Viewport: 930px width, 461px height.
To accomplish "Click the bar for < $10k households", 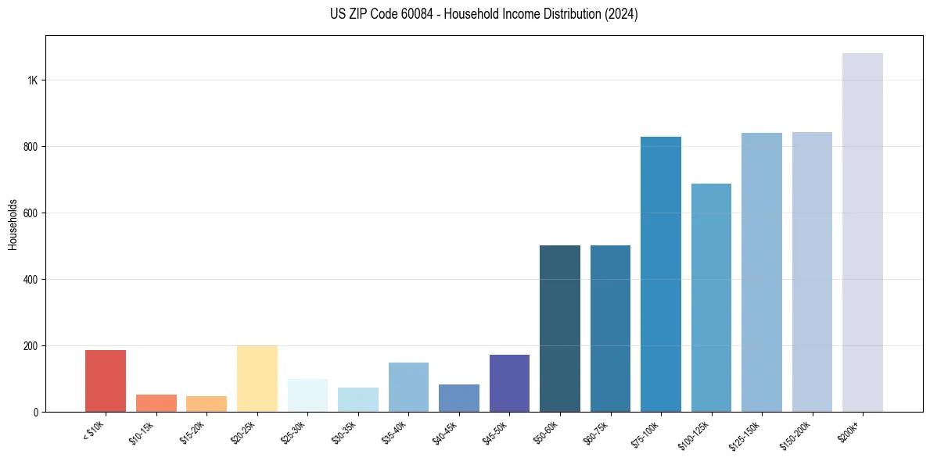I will point(106,381).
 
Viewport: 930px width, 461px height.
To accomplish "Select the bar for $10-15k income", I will point(156,403).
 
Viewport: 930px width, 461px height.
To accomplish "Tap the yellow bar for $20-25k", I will point(257,378).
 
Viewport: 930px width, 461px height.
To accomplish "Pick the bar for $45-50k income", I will point(509,383).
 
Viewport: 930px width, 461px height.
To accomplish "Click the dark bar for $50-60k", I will point(560,328).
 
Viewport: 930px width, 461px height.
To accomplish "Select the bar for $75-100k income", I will point(661,274).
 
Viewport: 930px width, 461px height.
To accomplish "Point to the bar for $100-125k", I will point(711,298).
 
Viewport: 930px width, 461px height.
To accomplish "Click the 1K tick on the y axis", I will point(32,80).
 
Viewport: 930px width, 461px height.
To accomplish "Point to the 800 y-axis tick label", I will point(30,147).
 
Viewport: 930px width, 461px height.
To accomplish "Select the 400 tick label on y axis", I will point(30,280).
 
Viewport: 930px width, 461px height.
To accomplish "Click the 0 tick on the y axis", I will point(36,412).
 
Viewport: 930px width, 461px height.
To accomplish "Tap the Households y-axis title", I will point(13,224).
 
